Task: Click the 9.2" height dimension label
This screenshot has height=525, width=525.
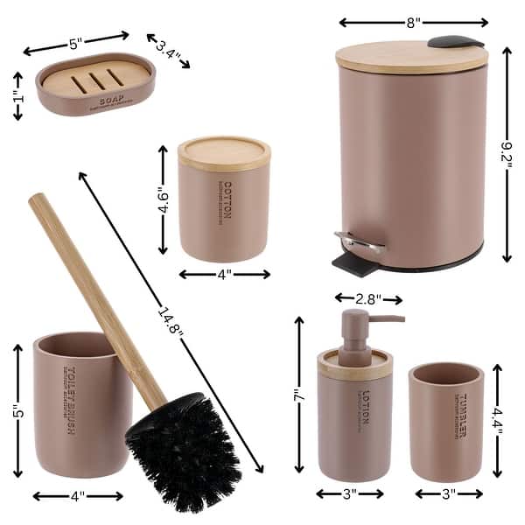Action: pyautogui.click(x=508, y=156)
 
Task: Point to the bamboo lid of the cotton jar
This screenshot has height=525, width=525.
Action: pyautogui.click(x=224, y=152)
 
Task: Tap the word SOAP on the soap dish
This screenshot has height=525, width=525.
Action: pyautogui.click(x=111, y=101)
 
